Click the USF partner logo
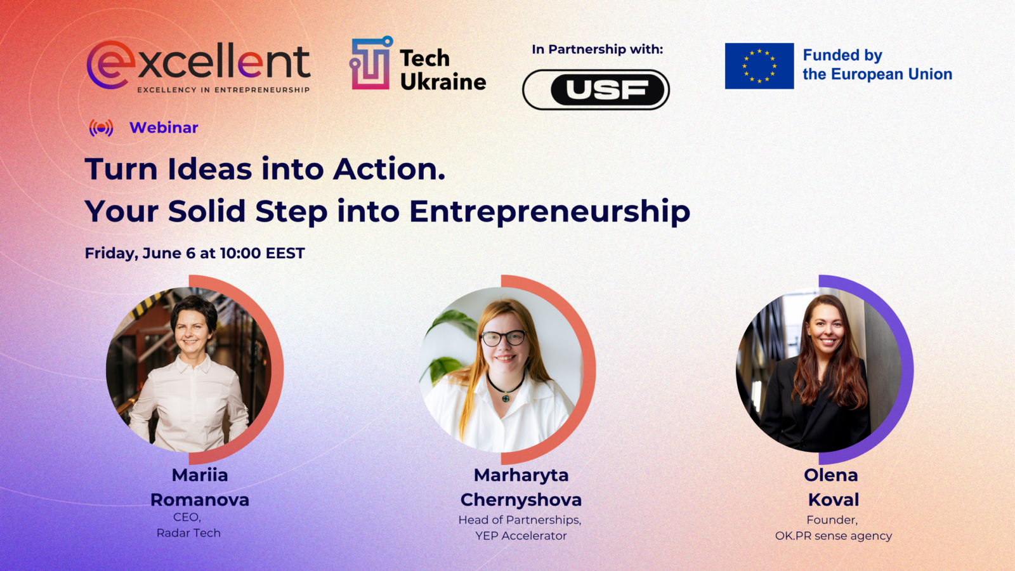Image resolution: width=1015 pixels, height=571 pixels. click(x=596, y=89)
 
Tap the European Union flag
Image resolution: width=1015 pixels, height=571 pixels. click(x=759, y=66)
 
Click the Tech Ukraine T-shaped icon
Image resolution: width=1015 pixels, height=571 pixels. click(x=370, y=63)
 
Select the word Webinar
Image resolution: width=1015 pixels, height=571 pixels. click(x=164, y=128)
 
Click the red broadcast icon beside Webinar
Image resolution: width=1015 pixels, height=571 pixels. click(x=101, y=128)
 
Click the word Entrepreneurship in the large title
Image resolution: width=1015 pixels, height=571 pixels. click(x=549, y=212)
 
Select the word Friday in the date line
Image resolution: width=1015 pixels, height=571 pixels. click(x=110, y=253)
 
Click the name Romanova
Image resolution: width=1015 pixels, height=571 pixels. click(x=200, y=500)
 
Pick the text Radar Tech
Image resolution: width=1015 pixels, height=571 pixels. click(x=188, y=533)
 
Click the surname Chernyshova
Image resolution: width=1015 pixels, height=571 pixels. click(x=521, y=500)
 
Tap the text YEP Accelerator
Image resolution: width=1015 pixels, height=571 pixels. click(x=521, y=535)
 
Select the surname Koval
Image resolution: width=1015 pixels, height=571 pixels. click(x=834, y=500)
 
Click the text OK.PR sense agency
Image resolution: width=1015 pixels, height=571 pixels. click(x=834, y=536)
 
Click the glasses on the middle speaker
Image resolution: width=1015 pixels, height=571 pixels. click(x=504, y=338)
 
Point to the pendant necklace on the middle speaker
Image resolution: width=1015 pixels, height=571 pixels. click(x=505, y=397)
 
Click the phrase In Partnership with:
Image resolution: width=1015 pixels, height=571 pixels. click(x=597, y=49)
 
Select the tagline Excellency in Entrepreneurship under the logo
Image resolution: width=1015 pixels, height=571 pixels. click(x=223, y=89)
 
